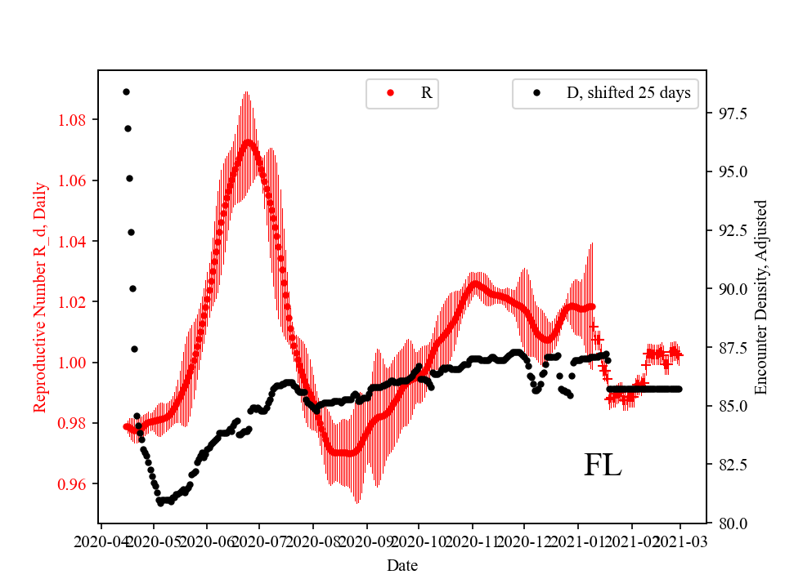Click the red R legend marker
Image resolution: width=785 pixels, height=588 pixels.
pyautogui.click(x=390, y=93)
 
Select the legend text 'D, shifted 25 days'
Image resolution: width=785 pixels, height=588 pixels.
pyautogui.click(x=628, y=93)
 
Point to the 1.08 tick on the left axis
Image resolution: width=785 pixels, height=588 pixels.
pyautogui.click(x=78, y=120)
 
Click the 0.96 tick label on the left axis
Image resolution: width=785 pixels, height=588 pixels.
pyautogui.click(x=78, y=483)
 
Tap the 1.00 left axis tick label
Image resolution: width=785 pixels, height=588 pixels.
pyautogui.click(x=78, y=363)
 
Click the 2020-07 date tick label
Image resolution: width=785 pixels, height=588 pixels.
pyautogui.click(x=259, y=541)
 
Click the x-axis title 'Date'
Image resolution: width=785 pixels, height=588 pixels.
pyautogui.click(x=402, y=564)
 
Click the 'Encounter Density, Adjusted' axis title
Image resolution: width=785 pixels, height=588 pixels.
pyautogui.click(x=761, y=296)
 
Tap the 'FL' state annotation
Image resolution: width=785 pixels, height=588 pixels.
pyautogui.click(x=603, y=465)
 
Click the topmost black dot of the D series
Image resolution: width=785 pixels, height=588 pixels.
pyautogui.click(x=126, y=91)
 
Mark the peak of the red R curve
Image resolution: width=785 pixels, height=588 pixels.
pyautogui.click(x=248, y=141)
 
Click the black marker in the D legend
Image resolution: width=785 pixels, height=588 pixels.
pyautogui.click(x=536, y=93)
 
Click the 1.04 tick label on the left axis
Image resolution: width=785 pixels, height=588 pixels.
pyautogui.click(x=78, y=241)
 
